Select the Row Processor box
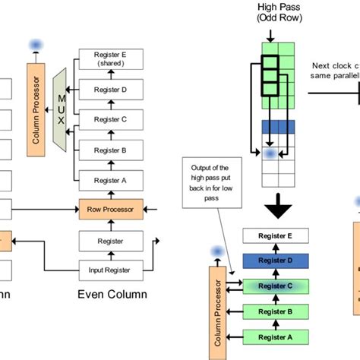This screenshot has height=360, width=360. tap(112, 207)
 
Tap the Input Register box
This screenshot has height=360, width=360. tap(112, 267)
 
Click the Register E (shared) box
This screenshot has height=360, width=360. tap(112, 59)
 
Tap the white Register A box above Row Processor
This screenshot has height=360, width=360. tap(112, 180)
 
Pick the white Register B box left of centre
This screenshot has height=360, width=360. tap(112, 150)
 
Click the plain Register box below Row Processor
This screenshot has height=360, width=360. tap(112, 241)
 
